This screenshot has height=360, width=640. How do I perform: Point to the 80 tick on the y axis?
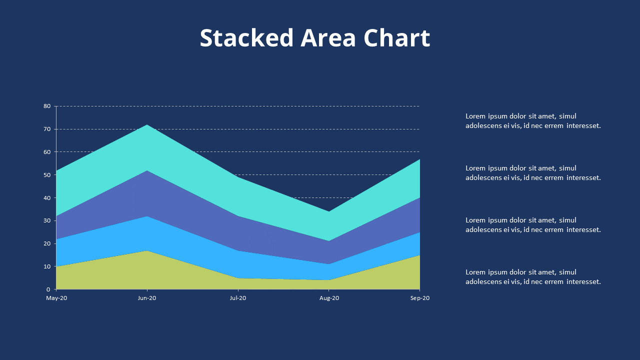point(47,106)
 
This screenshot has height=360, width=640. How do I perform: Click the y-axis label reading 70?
point(47,129)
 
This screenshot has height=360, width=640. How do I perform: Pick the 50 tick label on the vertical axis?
point(47,175)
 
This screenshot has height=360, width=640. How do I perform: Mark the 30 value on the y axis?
point(47,220)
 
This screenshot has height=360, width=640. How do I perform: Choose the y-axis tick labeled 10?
point(47,266)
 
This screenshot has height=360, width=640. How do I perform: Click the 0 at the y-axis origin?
point(48,289)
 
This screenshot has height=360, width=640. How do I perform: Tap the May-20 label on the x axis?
point(56,298)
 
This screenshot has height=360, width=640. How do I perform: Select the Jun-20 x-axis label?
point(147,298)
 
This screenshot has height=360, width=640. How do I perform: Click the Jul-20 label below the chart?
point(238,298)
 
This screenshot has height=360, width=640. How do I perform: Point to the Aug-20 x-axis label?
point(329,298)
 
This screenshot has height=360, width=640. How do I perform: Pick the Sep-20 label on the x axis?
point(419,298)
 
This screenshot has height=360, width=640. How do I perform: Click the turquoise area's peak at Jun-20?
point(147,125)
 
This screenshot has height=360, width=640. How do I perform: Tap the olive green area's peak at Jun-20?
point(147,251)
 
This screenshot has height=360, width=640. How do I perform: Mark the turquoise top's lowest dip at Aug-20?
point(329,212)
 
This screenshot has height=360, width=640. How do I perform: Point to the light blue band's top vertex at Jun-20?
point(147,216)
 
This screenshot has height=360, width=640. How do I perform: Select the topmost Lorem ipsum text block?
point(533,121)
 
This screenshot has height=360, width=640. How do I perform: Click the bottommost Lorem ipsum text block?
point(533,277)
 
